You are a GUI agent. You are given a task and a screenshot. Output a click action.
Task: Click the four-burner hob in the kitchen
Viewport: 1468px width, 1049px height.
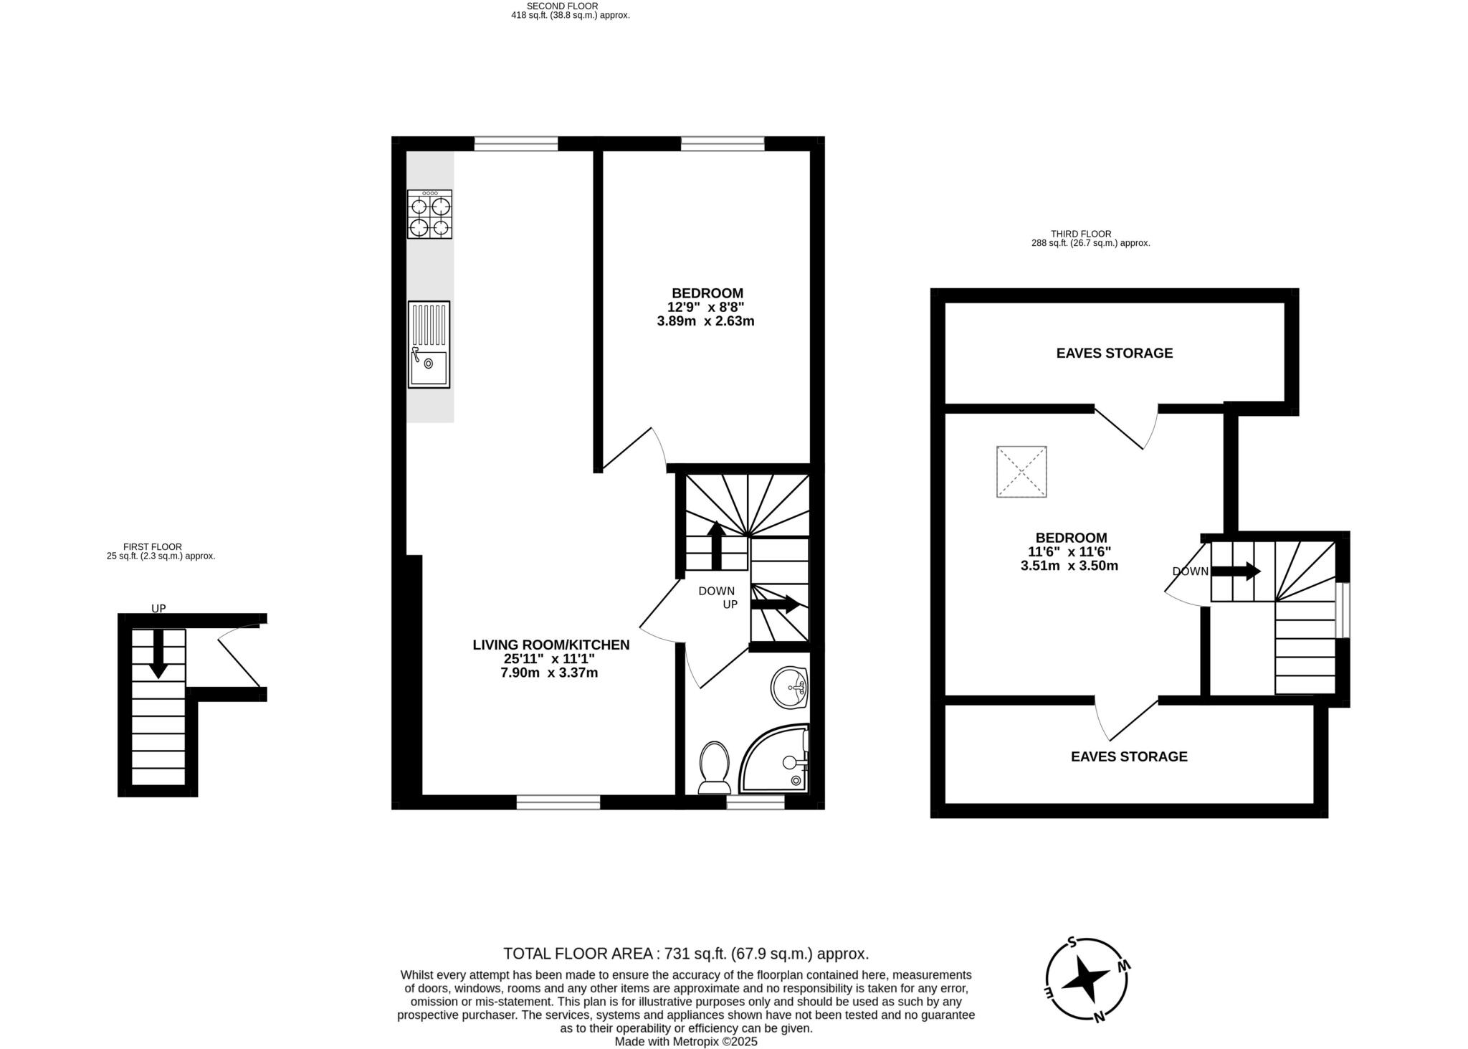429,214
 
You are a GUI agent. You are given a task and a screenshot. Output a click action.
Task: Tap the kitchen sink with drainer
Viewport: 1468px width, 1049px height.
429,344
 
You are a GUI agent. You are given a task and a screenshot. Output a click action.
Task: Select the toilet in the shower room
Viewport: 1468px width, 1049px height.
713,766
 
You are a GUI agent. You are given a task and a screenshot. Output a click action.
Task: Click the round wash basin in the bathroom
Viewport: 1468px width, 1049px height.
789,688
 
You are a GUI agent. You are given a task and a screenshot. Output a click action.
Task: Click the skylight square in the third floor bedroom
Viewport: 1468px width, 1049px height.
1021,471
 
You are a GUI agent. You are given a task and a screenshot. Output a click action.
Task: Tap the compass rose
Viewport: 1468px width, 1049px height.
1087,979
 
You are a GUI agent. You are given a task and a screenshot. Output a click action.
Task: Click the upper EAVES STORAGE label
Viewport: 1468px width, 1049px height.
1114,353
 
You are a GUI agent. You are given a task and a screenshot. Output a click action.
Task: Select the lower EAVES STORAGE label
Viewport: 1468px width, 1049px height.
1128,756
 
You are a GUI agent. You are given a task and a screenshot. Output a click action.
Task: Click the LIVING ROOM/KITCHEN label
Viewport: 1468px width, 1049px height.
550,645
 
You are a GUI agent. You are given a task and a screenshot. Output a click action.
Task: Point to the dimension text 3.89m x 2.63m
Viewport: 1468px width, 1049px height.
705,321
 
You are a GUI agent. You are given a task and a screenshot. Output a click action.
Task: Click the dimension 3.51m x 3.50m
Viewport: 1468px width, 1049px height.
1069,566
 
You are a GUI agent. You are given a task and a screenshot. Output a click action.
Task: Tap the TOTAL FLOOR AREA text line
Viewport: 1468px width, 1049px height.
685,954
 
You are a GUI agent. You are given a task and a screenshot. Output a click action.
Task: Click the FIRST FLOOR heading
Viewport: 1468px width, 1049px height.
152,546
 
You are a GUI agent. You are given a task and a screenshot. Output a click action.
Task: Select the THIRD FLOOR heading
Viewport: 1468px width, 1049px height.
1080,234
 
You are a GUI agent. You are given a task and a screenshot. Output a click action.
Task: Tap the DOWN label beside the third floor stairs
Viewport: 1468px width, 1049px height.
1190,571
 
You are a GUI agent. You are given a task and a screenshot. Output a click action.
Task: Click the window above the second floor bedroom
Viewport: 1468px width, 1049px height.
722,144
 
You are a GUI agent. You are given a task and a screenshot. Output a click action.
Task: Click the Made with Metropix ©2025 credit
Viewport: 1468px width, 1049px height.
685,1042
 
